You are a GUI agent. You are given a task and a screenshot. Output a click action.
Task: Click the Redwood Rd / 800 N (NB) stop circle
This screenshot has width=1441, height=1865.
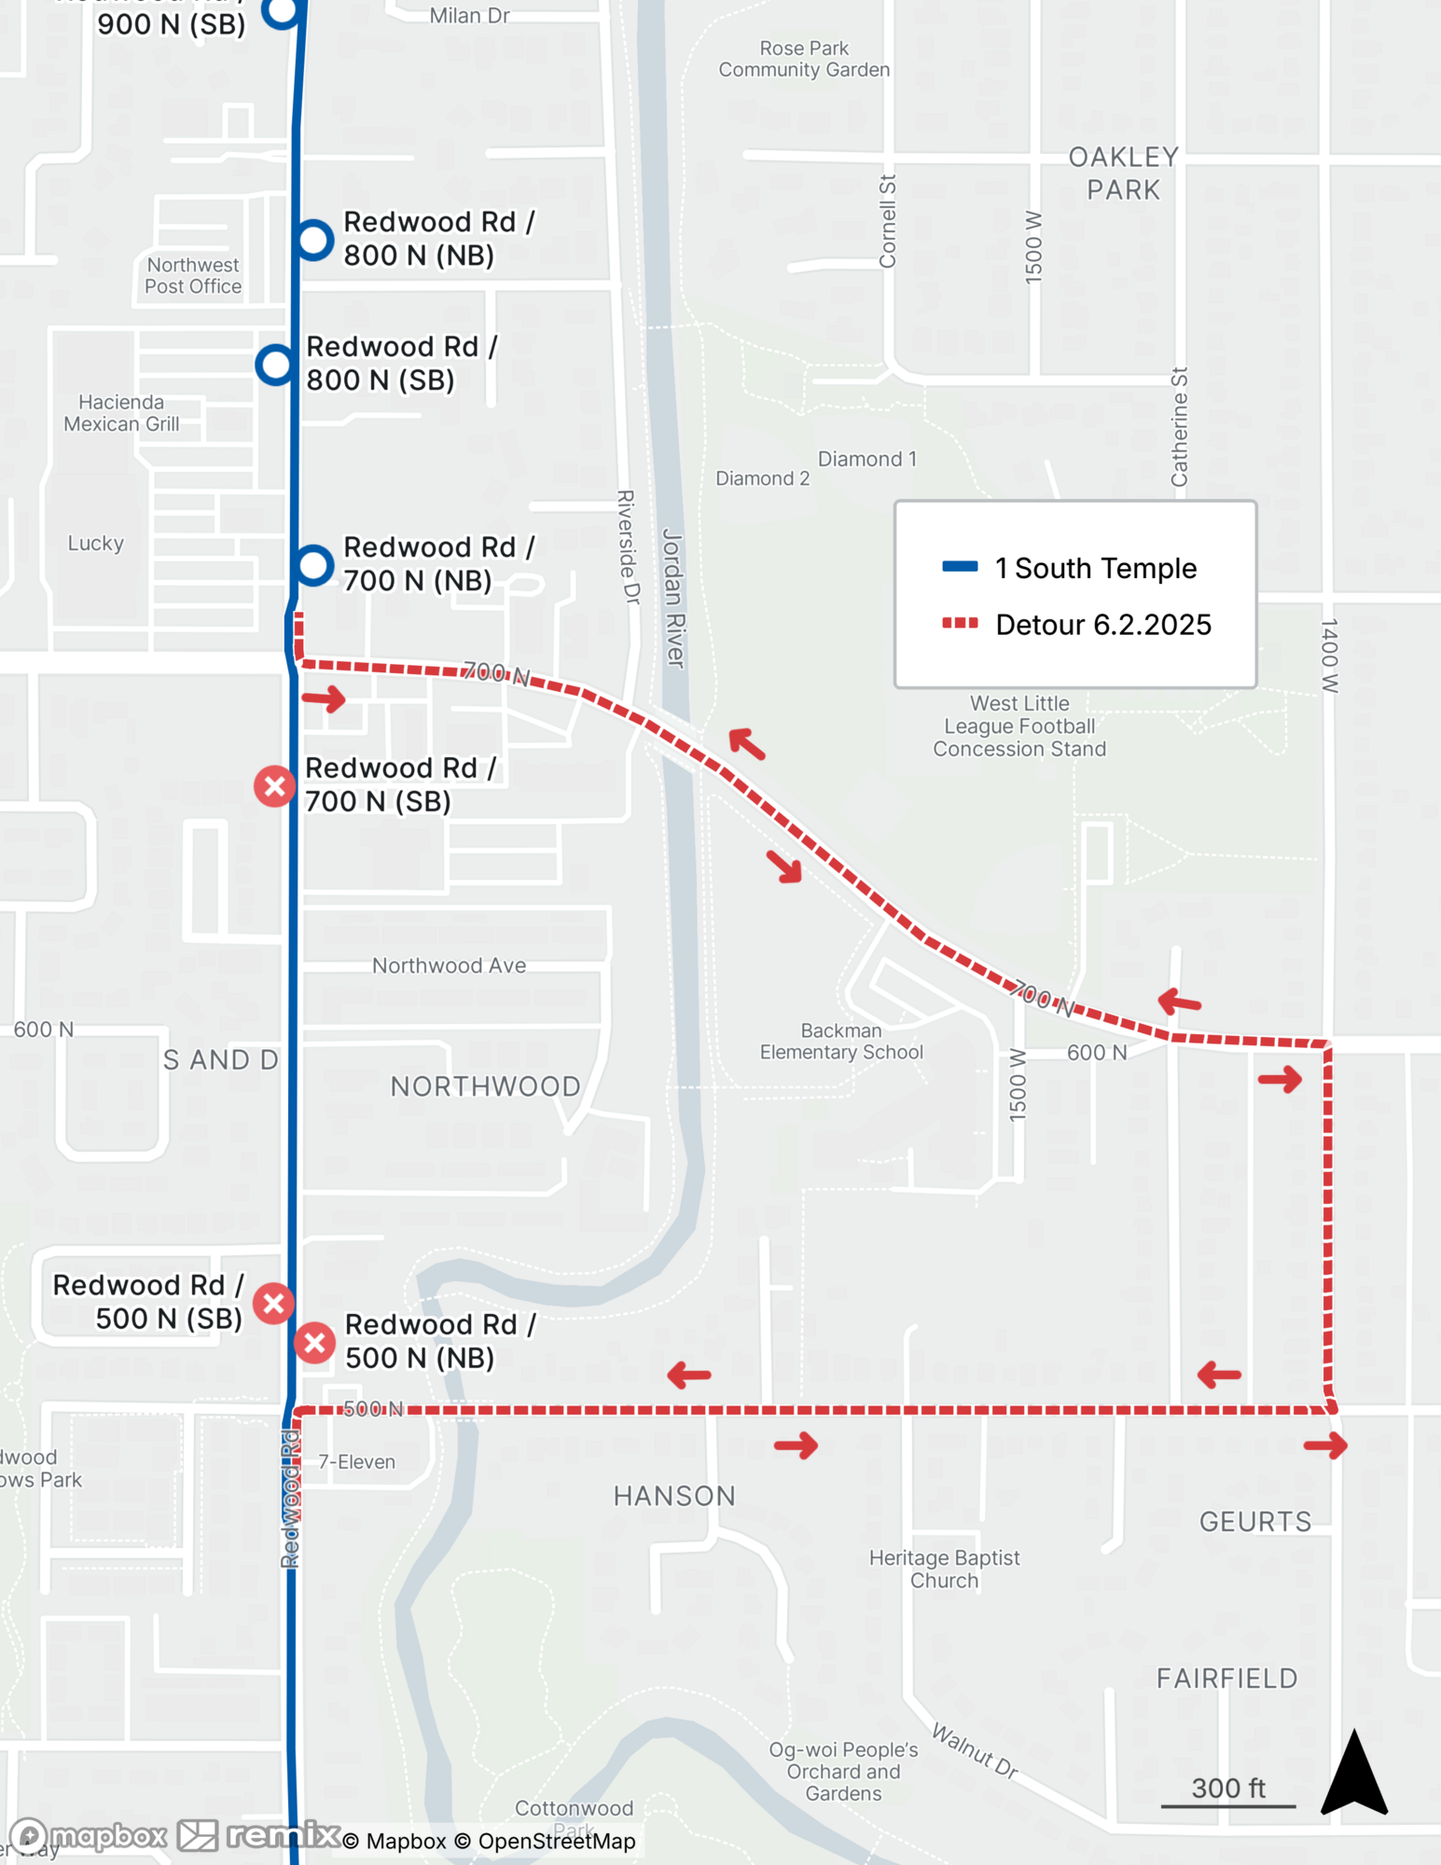click(314, 240)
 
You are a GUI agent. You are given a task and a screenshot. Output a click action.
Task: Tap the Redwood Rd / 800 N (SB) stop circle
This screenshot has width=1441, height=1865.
click(276, 365)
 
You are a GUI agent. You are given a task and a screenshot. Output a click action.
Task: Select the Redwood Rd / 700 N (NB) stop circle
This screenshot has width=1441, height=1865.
click(314, 565)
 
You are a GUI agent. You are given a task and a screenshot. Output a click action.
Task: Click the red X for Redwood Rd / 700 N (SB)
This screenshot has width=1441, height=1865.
click(275, 786)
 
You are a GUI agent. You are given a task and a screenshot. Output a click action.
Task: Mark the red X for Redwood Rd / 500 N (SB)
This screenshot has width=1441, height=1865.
click(274, 1303)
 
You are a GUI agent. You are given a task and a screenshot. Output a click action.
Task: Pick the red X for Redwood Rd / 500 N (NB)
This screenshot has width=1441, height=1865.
click(315, 1343)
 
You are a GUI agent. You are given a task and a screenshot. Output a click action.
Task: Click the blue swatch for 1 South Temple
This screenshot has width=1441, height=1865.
click(960, 567)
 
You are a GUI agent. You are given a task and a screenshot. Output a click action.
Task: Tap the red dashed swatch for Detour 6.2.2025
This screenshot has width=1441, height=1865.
click(960, 624)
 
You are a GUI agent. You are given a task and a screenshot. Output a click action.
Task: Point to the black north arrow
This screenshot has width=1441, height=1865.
click(1354, 1774)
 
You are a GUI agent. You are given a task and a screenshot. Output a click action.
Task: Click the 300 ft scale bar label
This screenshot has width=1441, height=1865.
click(1227, 1788)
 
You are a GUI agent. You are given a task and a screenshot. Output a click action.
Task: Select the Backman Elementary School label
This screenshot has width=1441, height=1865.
click(840, 1042)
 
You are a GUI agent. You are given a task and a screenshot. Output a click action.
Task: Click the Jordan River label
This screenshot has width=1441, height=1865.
click(673, 598)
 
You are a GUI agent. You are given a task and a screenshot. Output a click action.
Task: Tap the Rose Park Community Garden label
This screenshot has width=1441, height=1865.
click(803, 59)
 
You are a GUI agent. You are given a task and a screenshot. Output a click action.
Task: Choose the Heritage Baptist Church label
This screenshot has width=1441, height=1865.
click(944, 1568)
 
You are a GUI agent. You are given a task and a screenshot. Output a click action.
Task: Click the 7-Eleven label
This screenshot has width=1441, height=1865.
click(356, 1462)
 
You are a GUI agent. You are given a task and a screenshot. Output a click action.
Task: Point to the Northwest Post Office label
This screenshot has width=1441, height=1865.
click(193, 276)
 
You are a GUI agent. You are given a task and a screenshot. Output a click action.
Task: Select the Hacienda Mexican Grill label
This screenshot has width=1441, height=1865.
click(121, 413)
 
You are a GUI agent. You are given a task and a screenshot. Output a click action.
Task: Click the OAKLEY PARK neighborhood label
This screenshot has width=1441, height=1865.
click(1123, 173)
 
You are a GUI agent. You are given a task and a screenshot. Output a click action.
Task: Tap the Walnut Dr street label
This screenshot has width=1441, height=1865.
click(975, 1751)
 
